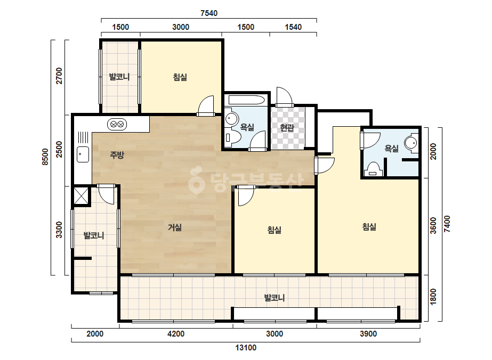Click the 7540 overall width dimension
pos(208,13)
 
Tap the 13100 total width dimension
pos(246,347)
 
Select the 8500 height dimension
pos(45,157)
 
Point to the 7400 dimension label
pos(447,224)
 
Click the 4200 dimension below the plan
pos(176,334)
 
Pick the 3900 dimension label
pos(368,334)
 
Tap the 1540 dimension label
pos(293,27)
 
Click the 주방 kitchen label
pos(117,154)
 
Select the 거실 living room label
pos(175,227)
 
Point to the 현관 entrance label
pos(287,128)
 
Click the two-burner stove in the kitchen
pos(117,125)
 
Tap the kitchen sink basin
pos(83,154)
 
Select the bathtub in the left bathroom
pos(247,100)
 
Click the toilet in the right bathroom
pos(373,169)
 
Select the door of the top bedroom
pos(206,106)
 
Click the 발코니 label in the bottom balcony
pos(274,297)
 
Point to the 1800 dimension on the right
pos(433,297)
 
